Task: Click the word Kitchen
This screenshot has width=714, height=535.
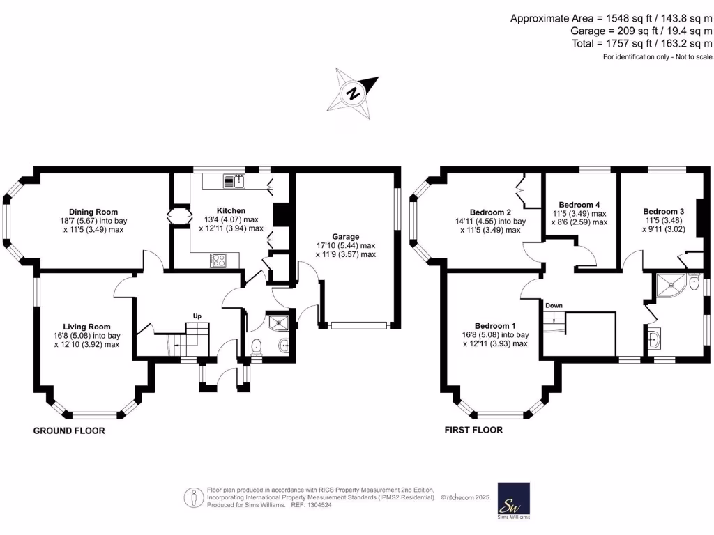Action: [x=231, y=210]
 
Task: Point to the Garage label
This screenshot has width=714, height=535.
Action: [x=347, y=237]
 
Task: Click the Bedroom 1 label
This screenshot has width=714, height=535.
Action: [x=495, y=326]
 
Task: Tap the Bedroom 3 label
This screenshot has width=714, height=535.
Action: [x=663, y=212]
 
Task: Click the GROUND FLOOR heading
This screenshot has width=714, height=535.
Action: [x=69, y=431]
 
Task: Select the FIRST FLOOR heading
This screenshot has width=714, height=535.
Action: [x=473, y=430]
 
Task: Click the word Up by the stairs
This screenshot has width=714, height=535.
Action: [x=197, y=316]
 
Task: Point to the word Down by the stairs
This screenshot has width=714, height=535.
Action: [x=554, y=306]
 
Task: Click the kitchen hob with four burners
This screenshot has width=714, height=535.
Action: [x=218, y=261]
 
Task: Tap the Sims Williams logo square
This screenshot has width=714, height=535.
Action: [x=512, y=499]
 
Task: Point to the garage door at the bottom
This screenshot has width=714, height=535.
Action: [x=358, y=325]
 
